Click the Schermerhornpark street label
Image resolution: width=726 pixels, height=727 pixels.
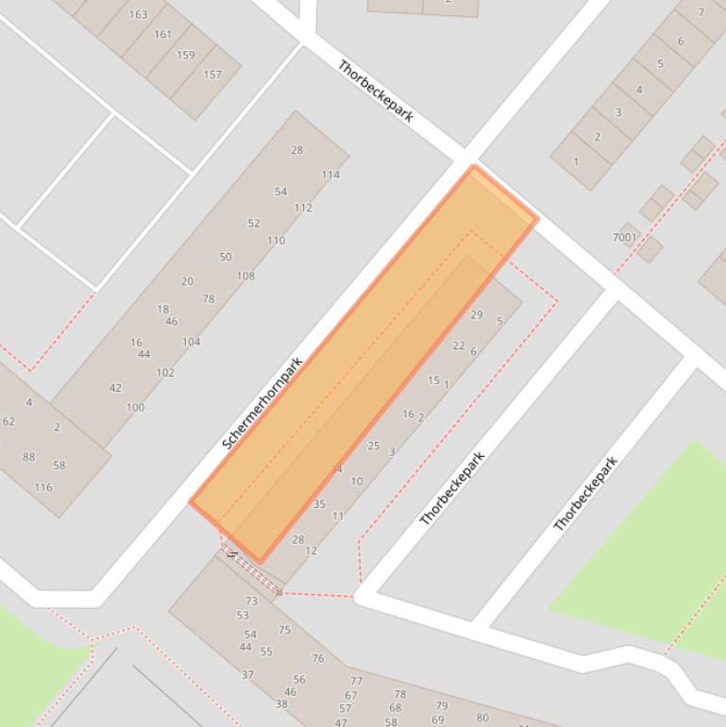tap(262, 403)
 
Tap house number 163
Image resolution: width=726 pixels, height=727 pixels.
tap(138, 14)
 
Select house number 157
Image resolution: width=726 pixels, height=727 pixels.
tap(212, 75)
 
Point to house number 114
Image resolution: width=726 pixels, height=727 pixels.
tap(329, 175)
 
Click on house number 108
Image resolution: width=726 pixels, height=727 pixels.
tap(245, 277)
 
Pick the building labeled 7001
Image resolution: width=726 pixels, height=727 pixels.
tap(625, 237)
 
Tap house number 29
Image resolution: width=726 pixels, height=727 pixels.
tap(476, 315)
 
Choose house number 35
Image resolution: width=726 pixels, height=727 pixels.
tap(319, 504)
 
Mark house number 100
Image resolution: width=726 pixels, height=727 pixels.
tap(135, 408)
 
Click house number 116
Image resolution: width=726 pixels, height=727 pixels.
tap(43, 488)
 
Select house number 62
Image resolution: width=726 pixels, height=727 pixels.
tap(8, 422)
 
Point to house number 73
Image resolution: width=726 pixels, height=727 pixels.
tap(251, 600)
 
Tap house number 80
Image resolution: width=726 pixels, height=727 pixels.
tap(482, 718)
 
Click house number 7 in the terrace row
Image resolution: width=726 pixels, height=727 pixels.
tap(701, 12)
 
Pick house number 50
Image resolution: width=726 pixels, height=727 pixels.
tap(225, 257)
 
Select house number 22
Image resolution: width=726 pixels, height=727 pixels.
tap(459, 346)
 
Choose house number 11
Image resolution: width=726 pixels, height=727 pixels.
tap(338, 516)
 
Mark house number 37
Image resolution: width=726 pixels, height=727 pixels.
tap(247, 675)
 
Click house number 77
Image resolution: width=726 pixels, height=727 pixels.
tap(356, 681)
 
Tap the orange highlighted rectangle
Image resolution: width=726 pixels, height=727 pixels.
tap(363, 363)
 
